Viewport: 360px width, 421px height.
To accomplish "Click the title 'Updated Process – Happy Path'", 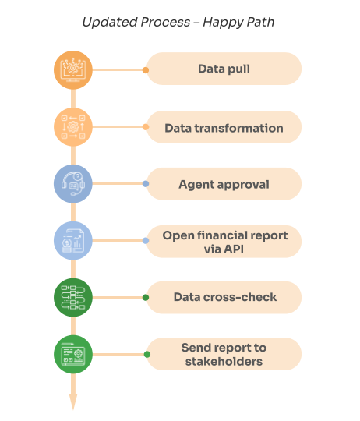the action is click(178, 22).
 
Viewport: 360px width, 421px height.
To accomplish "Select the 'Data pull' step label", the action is click(224, 69).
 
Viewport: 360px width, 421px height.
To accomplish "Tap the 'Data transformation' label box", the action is click(224, 127).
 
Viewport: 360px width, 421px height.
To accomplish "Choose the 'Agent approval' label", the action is click(224, 184).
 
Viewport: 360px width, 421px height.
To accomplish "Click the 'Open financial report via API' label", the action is click(224, 242).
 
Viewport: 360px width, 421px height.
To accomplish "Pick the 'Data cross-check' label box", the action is click(224, 298).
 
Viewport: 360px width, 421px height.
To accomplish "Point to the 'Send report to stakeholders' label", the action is click(224, 354).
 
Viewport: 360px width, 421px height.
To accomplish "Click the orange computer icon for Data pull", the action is click(73, 70).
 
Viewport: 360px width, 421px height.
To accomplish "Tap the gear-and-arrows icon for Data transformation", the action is click(73, 127).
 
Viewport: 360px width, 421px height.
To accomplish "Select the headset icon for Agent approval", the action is click(73, 184).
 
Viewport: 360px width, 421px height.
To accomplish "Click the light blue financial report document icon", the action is click(73, 241).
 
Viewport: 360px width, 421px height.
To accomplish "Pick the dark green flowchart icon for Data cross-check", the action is click(73, 298).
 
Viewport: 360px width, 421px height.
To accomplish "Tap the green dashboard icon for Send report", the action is click(73, 355).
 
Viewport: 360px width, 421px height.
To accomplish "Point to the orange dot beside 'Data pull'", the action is click(146, 70).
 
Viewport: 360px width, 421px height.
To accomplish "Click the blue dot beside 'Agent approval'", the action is click(146, 184).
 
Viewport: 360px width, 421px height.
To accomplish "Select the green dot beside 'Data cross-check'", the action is click(146, 298).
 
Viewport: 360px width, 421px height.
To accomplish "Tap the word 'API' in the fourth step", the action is click(234, 249).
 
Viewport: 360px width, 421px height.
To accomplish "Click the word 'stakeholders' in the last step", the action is click(224, 362).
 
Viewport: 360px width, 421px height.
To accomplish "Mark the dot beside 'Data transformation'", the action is click(146, 127).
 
